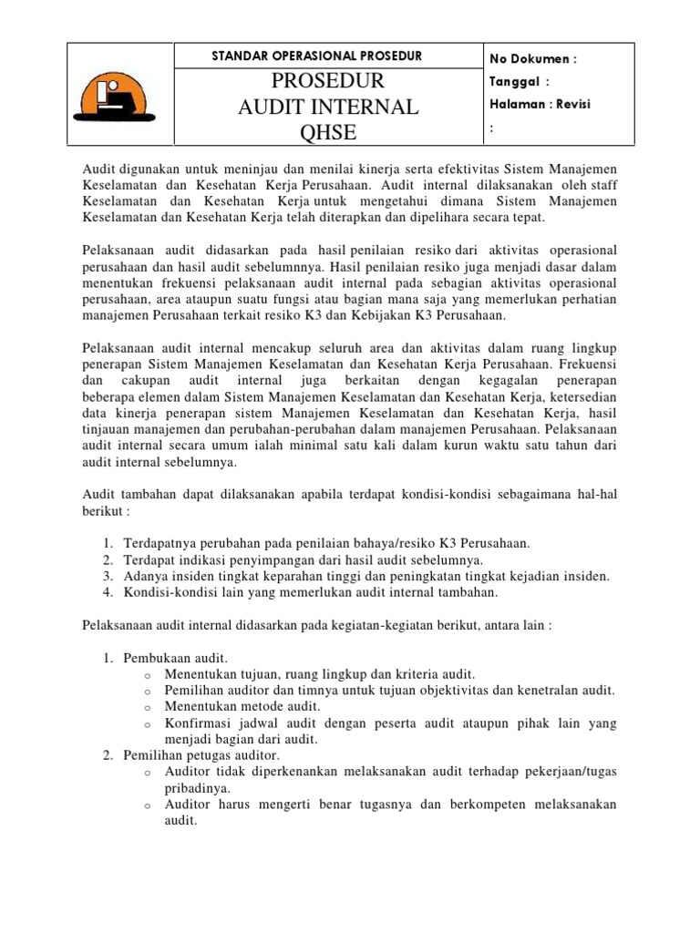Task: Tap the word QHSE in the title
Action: click(328, 135)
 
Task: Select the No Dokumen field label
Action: click(533, 59)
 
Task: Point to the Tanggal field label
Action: click(520, 81)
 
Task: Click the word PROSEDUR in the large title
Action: click(328, 81)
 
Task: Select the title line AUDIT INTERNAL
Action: click(328, 108)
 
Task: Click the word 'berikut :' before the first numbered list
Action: click(108, 511)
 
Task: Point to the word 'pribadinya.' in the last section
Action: click(197, 788)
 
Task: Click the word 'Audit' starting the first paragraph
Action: click(99, 170)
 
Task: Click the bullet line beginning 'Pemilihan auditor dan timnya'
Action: click(389, 690)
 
